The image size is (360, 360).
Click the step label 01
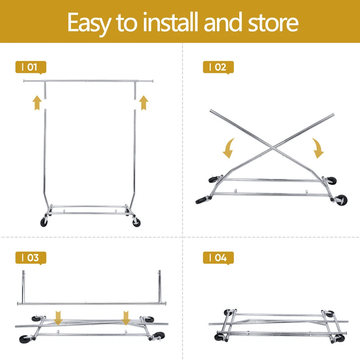[31, 67]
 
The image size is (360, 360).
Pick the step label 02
[218, 67]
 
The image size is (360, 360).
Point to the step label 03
[31, 258]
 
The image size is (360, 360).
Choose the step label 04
[218, 258]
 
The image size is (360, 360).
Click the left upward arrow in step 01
[37, 103]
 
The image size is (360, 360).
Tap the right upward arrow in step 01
[144, 103]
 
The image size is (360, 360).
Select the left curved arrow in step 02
[229, 148]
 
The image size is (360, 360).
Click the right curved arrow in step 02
[318, 148]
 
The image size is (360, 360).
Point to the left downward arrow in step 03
[58, 318]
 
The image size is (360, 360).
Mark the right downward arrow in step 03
[126, 318]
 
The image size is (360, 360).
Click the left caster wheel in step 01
[44, 222]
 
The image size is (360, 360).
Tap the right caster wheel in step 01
[137, 223]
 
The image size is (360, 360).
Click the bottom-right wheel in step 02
[342, 200]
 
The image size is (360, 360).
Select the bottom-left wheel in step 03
[25, 339]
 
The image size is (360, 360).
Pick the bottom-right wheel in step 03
[159, 335]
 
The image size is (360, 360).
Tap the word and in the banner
[223, 22]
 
